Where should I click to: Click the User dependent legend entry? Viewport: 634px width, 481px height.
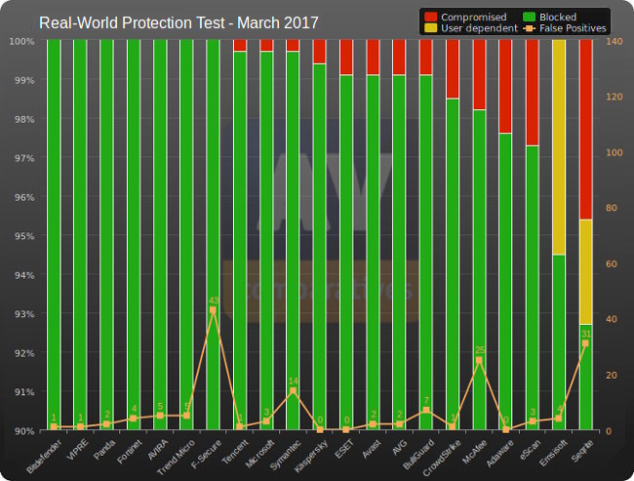coord(471,28)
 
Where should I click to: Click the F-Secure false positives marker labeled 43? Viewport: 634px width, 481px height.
coord(213,310)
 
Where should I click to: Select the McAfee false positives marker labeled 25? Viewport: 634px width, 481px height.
coord(479,360)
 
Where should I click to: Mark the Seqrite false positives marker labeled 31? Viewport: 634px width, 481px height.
coord(585,343)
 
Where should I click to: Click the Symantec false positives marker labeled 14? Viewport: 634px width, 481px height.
coord(293,390)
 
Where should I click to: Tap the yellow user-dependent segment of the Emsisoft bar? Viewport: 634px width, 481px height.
coord(559,146)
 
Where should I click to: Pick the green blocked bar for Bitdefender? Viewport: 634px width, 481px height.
coord(54,234)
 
